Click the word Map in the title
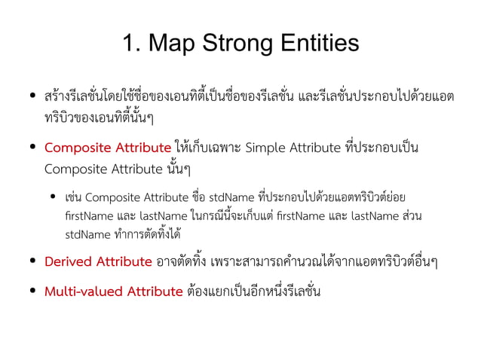[x=172, y=43]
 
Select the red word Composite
[x=78, y=147]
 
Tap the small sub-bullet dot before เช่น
[x=54, y=198]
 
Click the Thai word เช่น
[x=74, y=198]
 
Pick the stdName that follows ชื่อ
[x=229, y=198]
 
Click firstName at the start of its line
[x=88, y=216]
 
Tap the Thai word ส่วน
[x=413, y=216]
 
